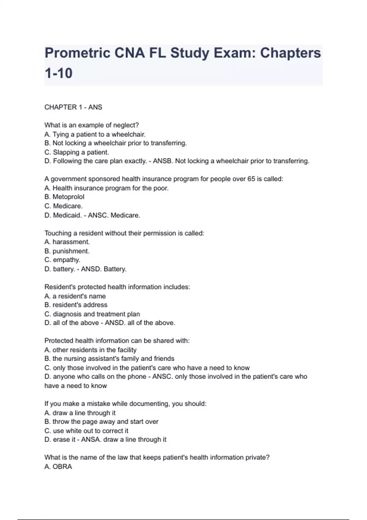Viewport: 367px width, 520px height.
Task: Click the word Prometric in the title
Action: coord(77,53)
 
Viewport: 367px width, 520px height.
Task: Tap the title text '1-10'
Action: coord(58,73)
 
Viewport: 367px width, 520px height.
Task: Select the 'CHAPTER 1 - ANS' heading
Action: coord(73,107)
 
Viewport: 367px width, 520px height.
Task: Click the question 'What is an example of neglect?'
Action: coord(91,125)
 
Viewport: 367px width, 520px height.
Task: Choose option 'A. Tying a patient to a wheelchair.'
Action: coord(95,134)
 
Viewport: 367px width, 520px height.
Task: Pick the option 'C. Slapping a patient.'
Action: coord(76,152)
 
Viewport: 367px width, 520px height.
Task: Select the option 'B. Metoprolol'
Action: coord(64,197)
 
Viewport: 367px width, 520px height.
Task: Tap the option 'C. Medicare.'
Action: coord(63,206)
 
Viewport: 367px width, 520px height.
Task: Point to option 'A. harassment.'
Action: coord(67,242)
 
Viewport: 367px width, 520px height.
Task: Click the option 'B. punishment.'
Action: coord(67,251)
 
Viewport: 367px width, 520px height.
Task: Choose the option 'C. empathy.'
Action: coord(62,260)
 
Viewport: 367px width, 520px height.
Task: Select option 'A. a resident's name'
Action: coord(75,296)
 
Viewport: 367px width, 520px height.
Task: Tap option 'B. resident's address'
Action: coord(76,305)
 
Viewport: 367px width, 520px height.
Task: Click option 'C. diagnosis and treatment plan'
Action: coord(92,314)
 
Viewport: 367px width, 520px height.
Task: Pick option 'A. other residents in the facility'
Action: coord(90,350)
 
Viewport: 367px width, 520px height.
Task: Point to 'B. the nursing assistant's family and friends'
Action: coord(109,359)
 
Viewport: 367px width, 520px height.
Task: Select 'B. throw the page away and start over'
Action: coord(101,422)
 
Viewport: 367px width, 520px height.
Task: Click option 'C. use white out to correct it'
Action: coord(86,431)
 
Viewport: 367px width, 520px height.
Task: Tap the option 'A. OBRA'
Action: coord(58,467)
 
